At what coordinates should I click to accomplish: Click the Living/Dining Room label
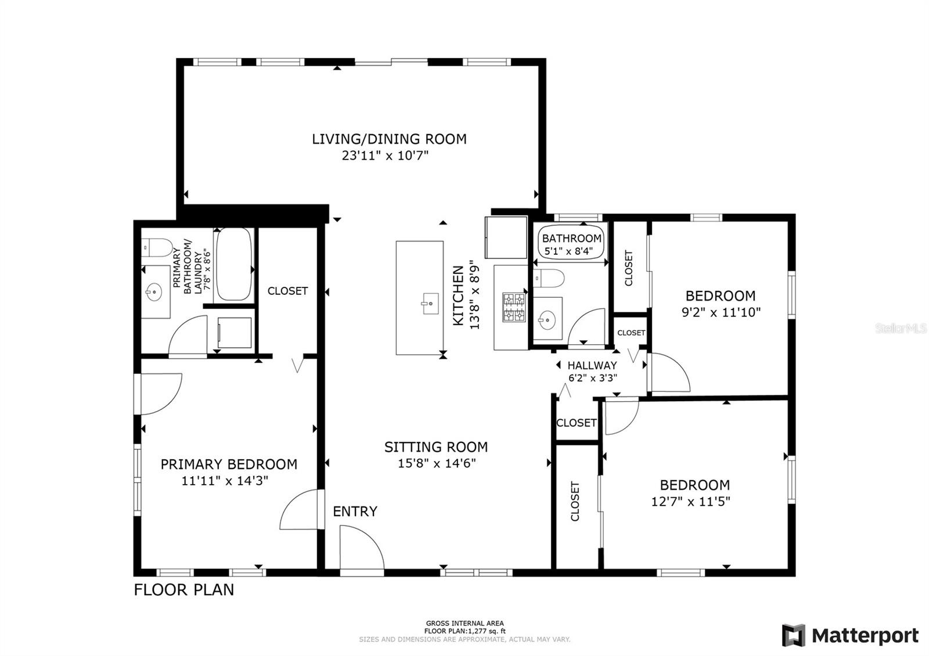tap(389, 139)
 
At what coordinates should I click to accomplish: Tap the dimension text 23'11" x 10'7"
tap(385, 156)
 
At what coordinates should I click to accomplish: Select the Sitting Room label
tap(436, 447)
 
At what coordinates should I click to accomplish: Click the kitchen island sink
tap(430, 304)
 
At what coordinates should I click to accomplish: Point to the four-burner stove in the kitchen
tap(514, 307)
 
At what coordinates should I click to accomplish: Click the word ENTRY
tap(355, 511)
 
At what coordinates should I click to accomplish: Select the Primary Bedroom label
tap(229, 464)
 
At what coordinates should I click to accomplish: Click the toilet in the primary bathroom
tap(157, 247)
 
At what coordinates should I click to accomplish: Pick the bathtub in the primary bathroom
tap(235, 264)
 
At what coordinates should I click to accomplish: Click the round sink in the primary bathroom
tap(154, 291)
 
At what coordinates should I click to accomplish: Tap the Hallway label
tap(592, 365)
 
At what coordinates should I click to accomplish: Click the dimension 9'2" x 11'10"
tap(721, 312)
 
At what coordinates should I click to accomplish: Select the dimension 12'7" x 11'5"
tap(690, 502)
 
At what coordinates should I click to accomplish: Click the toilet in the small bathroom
tap(549, 278)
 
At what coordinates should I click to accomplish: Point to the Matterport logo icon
tap(793, 635)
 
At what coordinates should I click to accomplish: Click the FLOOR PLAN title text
tap(183, 590)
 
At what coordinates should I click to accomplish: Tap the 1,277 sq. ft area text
tap(487, 631)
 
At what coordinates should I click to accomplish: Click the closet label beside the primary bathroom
tap(287, 291)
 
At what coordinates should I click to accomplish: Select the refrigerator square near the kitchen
tap(506, 237)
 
